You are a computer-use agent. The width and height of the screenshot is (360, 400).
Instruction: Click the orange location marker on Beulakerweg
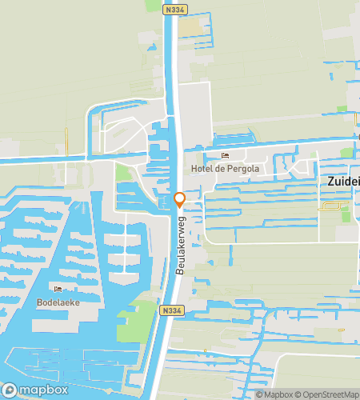click(180, 199)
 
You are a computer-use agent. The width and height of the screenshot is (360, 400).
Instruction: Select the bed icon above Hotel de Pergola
click(225, 156)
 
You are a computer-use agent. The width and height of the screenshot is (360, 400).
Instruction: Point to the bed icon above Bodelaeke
click(57, 289)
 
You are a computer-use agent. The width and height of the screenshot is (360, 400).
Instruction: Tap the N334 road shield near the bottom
click(170, 310)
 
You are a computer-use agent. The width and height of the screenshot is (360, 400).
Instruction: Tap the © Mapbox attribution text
click(274, 394)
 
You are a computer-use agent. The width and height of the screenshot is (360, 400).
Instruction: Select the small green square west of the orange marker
click(122, 172)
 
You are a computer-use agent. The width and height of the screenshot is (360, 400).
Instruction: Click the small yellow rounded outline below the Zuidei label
click(329, 207)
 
